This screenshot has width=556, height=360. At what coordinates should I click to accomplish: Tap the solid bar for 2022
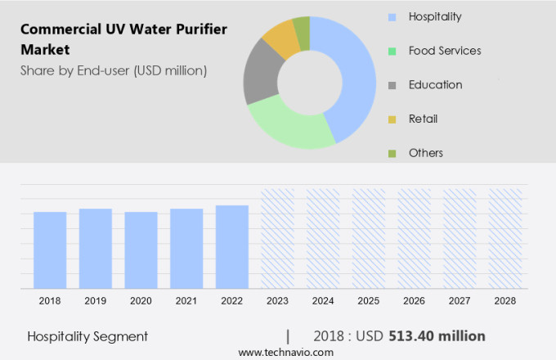coord(232,246)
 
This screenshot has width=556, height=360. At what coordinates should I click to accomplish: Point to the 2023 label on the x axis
coord(278,301)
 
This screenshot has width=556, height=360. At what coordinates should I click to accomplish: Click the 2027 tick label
coord(460,301)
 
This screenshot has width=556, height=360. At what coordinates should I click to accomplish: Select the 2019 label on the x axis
coord(96,301)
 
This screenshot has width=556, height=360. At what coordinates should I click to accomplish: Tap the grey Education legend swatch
coord(393,85)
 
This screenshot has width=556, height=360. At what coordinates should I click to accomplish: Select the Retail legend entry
coord(423,119)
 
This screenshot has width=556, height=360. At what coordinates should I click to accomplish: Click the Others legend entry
coord(425,153)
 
